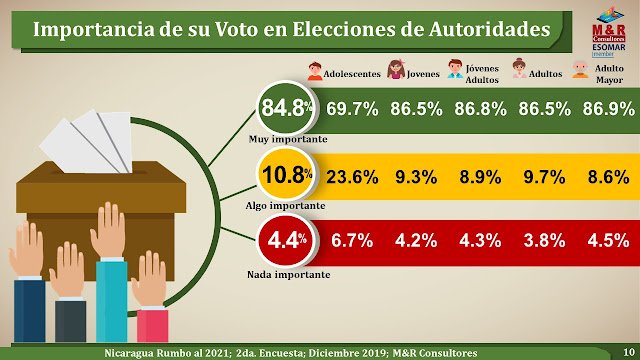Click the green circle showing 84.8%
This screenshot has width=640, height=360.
[x=286, y=108]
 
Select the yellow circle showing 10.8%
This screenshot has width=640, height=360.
[x=286, y=176]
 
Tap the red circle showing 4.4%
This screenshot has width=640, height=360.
[x=286, y=241]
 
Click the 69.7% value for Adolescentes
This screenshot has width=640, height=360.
[x=352, y=109]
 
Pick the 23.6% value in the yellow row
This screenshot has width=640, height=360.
[x=352, y=177]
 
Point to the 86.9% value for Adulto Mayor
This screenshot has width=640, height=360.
[x=609, y=109]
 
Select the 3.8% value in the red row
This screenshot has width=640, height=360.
[x=544, y=241]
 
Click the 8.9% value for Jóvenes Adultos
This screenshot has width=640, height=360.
[x=480, y=177]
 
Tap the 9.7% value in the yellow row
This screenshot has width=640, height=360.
[x=544, y=177]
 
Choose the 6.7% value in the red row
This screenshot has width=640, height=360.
[x=352, y=241]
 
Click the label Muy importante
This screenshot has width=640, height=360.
[x=288, y=139]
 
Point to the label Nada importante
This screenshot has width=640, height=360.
[x=289, y=275]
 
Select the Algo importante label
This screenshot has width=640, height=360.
[x=286, y=206]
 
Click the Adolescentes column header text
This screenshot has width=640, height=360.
[x=352, y=74]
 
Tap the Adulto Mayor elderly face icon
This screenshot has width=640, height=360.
[x=580, y=70]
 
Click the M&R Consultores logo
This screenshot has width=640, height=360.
[x=609, y=32]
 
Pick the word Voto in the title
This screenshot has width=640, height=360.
[x=237, y=29]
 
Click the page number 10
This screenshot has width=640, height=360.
[x=629, y=352]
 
